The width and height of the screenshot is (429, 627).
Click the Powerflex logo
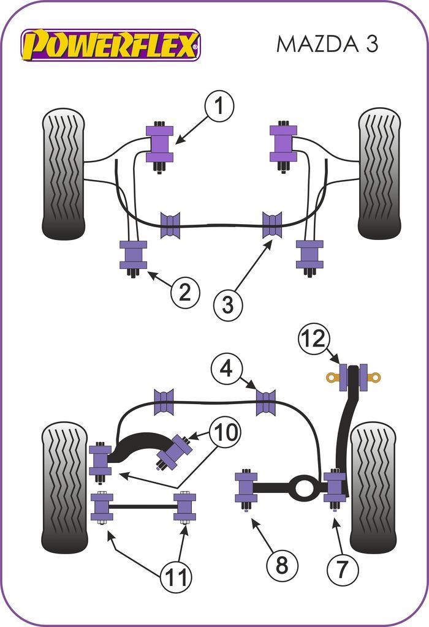111,45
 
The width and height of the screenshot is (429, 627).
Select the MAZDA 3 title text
327,44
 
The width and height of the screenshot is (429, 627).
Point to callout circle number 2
184,293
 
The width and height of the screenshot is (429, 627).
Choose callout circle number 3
228,304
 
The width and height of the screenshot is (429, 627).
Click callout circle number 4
226,369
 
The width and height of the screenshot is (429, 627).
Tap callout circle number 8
281,565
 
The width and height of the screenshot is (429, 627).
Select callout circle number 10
224,432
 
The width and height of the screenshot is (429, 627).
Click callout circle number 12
314,338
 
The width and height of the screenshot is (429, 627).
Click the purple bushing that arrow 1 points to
159,144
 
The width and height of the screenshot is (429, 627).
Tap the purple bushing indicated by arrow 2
133,255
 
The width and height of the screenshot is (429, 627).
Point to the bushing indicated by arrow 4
265,402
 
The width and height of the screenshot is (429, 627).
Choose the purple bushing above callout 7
335,486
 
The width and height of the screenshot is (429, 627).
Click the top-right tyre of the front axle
379,173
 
